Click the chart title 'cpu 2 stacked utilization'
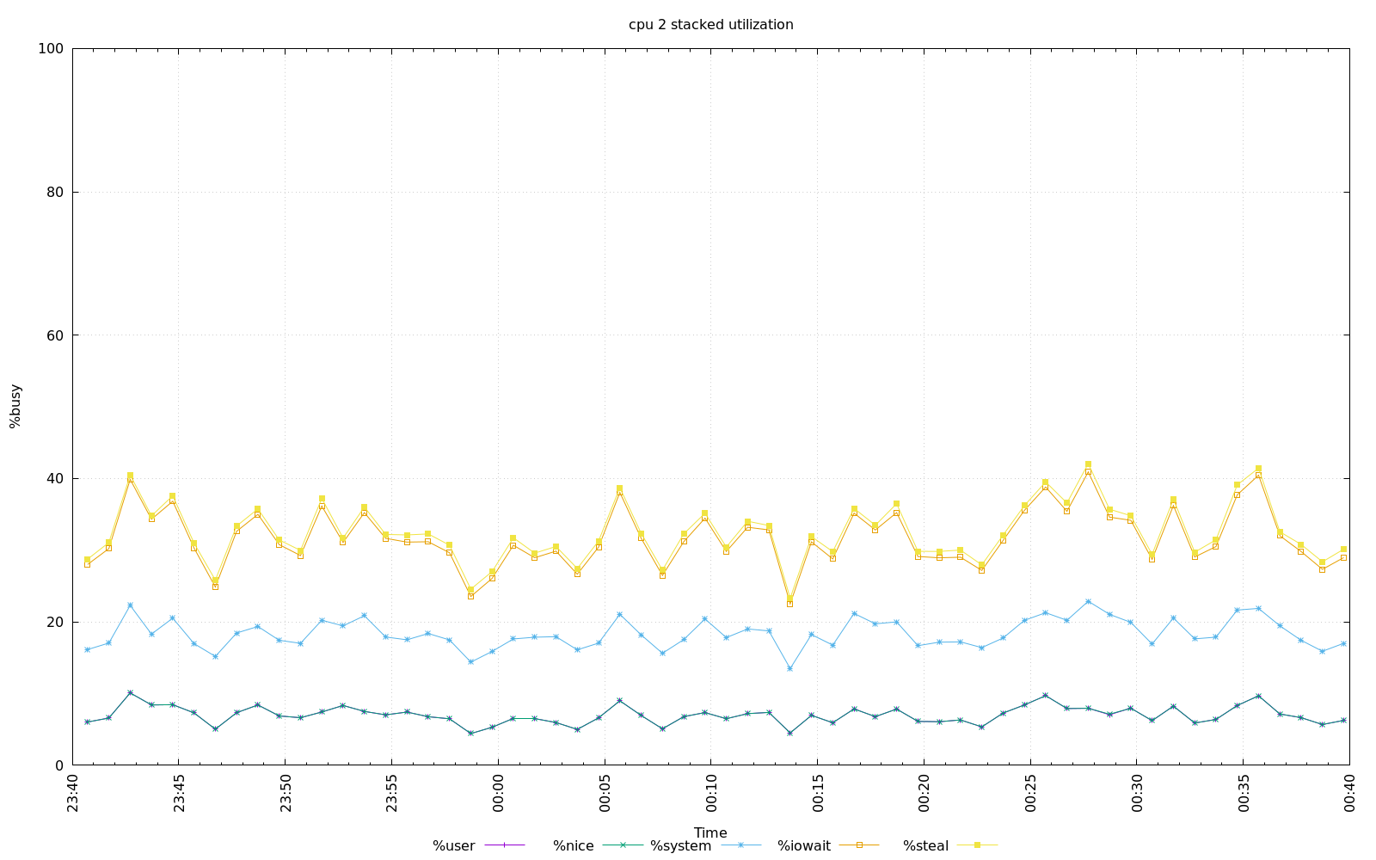pos(710,25)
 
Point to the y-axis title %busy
pos(15,406)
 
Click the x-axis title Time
pos(710,832)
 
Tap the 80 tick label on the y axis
pos(55,193)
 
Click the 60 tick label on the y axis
pos(55,335)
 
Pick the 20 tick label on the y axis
pos(55,622)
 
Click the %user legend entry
pos(454,846)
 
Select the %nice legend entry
pos(574,846)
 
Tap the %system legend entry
pos(681,846)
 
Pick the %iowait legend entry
pos(804,846)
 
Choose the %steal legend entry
pos(926,846)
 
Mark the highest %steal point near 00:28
pos(1088,464)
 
